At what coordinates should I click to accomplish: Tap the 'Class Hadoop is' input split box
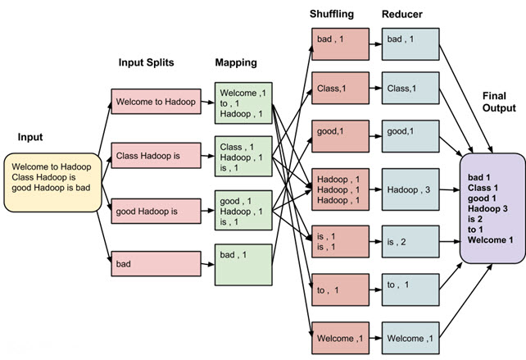[156, 154]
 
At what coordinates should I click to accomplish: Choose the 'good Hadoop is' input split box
[156, 210]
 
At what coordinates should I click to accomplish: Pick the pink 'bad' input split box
[156, 264]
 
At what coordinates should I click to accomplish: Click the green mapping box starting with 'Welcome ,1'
[243, 103]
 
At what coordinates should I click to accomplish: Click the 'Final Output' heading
[499, 102]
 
